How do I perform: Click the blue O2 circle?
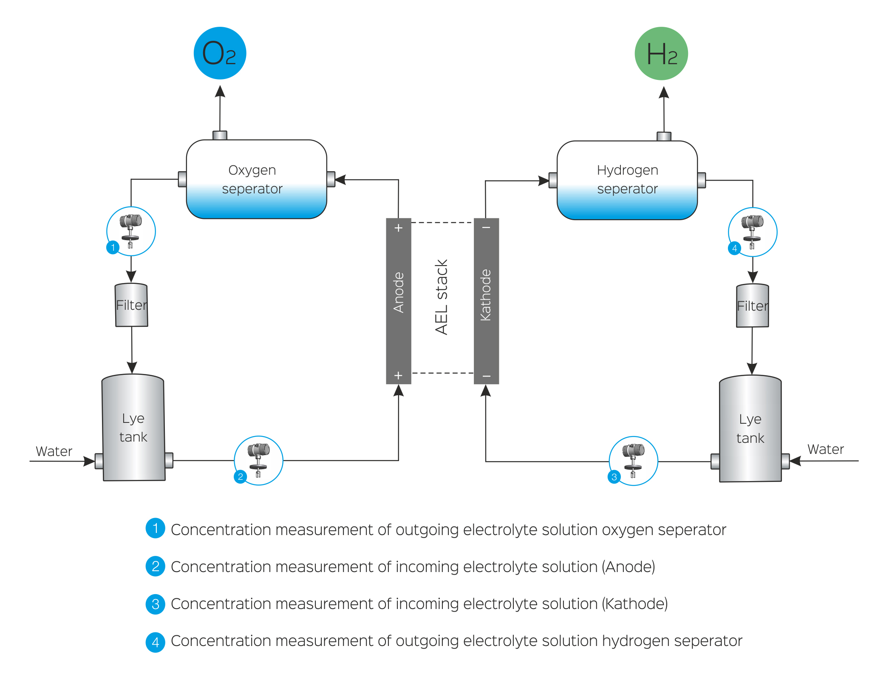click(x=220, y=53)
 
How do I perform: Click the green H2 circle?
click(x=661, y=54)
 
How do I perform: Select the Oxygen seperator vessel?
click(x=256, y=179)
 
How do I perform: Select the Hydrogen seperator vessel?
click(x=627, y=180)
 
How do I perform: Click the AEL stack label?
click(x=442, y=297)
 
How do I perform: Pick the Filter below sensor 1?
click(x=132, y=305)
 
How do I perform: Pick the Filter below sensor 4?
click(x=752, y=306)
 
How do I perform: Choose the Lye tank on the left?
click(x=133, y=428)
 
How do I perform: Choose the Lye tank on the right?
click(x=750, y=428)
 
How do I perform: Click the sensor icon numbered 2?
click(x=258, y=460)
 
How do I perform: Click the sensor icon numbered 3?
click(x=633, y=461)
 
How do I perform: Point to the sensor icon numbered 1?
click(x=131, y=231)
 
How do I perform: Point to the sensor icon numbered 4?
click(x=752, y=232)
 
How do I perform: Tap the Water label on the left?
click(x=54, y=451)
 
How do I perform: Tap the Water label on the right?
click(x=825, y=450)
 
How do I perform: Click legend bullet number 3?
click(x=156, y=604)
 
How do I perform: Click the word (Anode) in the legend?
click(x=628, y=567)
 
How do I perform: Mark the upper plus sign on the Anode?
click(x=398, y=228)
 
